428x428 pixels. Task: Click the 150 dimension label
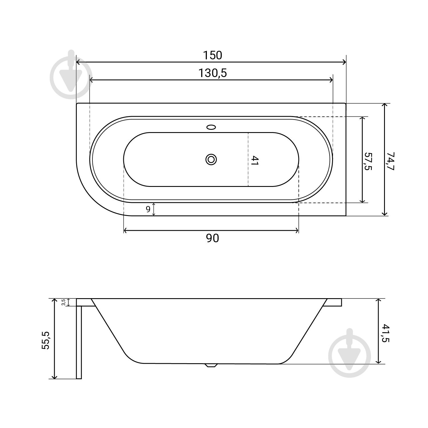(212, 55)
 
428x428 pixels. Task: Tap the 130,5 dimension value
(213, 73)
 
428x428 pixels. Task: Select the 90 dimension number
(212, 238)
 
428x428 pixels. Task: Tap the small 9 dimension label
(148, 209)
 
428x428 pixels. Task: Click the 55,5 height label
(46, 340)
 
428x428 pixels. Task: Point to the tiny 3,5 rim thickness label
(64, 302)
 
